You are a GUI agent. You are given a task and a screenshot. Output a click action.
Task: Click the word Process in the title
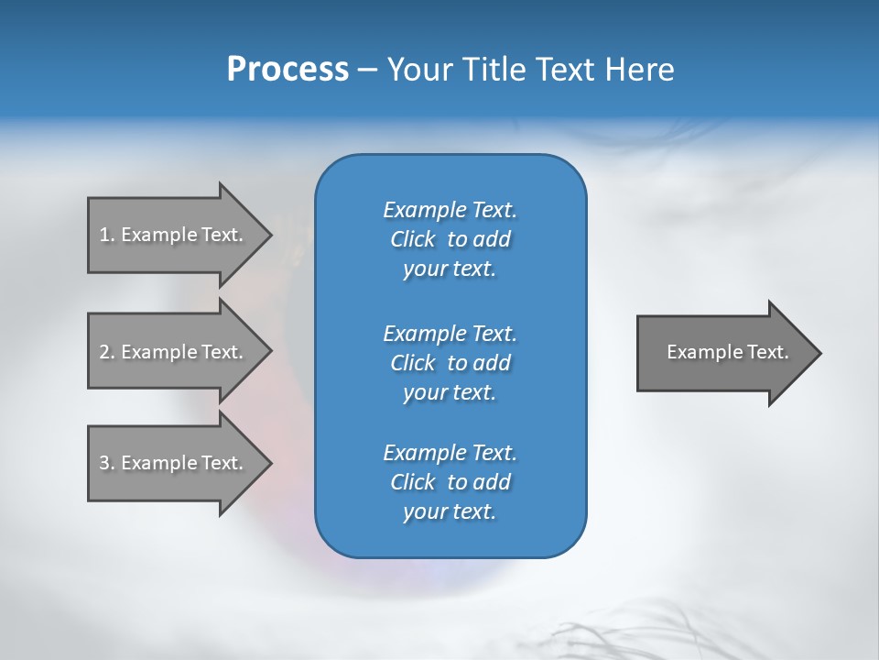(x=288, y=70)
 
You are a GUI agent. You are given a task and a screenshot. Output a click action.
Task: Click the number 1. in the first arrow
(x=106, y=235)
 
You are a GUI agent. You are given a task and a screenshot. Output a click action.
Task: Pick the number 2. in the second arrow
(x=106, y=352)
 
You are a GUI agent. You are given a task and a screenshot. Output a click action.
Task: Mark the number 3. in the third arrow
(x=106, y=463)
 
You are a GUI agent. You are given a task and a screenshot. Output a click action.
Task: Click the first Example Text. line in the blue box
(x=450, y=210)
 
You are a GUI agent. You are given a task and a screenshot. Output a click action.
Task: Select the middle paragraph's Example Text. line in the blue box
(x=450, y=333)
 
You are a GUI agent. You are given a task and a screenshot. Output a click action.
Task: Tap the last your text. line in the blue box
(x=450, y=512)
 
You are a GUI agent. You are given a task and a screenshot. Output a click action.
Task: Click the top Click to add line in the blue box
(x=450, y=239)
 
